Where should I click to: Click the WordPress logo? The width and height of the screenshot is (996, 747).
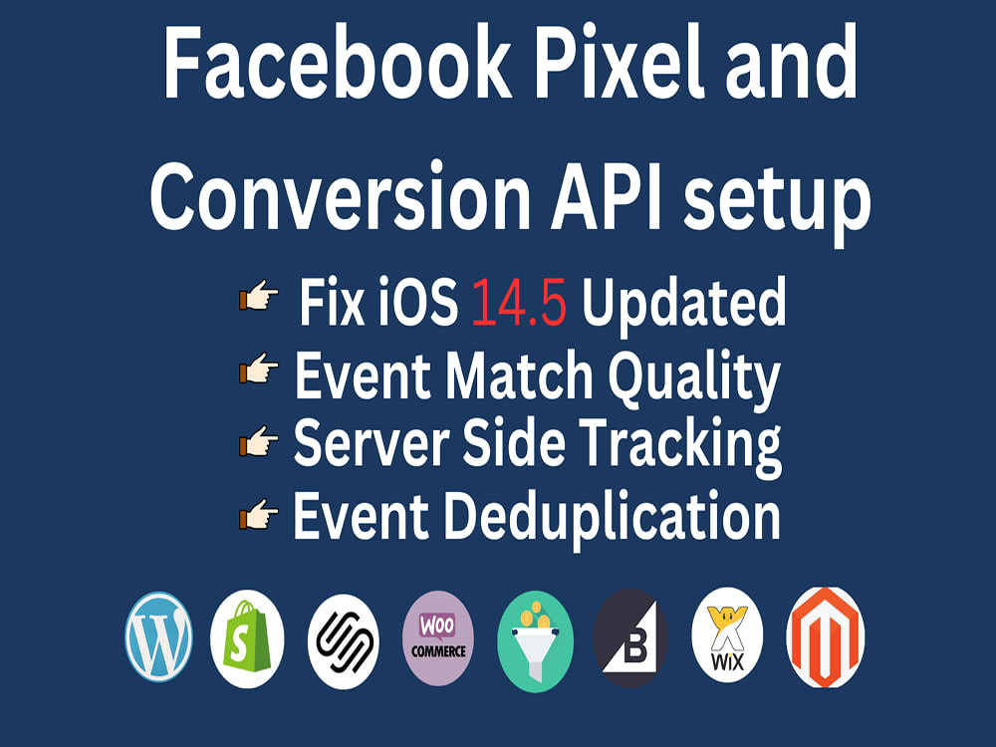click(158, 637)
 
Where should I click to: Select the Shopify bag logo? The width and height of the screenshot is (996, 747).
click(247, 638)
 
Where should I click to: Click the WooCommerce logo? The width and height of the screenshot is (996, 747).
click(438, 637)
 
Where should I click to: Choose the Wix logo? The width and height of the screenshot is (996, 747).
click(728, 637)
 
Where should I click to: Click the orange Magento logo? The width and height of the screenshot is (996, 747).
click(825, 637)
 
